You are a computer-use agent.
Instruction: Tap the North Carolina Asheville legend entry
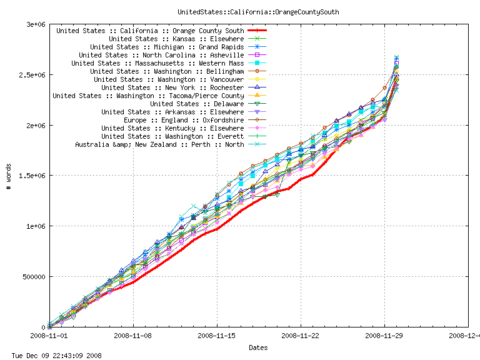click(x=161, y=55)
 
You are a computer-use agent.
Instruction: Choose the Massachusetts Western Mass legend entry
click(x=157, y=63)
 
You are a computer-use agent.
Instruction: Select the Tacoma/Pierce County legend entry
click(x=148, y=96)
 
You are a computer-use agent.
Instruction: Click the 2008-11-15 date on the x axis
click(x=217, y=336)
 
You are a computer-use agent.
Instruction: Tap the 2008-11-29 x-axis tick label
click(x=384, y=336)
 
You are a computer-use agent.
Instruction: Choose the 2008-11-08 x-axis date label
click(x=133, y=336)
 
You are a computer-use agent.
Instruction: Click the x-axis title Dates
click(x=259, y=347)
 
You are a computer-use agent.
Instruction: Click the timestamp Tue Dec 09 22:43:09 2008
click(x=52, y=355)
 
